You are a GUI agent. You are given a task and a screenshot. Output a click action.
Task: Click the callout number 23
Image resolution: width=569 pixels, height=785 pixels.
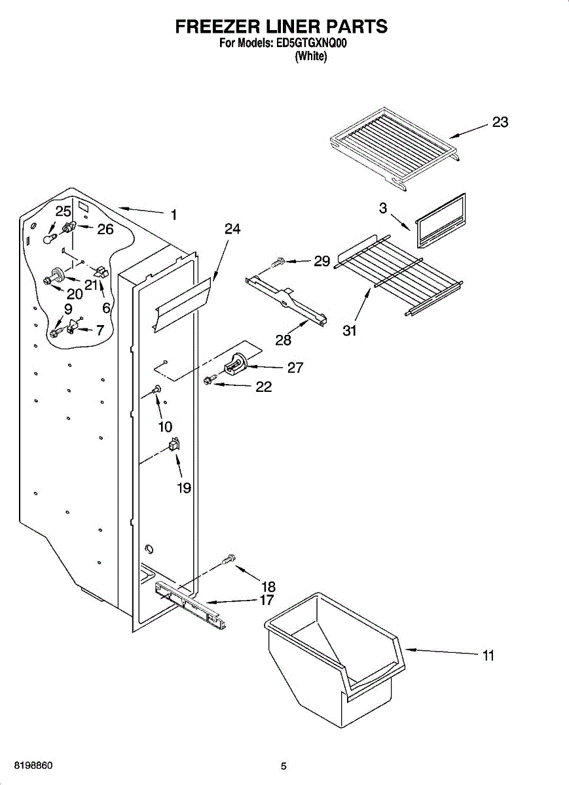[x=500, y=122]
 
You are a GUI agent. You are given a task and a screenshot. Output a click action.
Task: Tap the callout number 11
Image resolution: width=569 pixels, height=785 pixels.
[x=488, y=655]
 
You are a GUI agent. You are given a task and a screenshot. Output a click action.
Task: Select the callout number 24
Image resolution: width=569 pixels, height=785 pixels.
[x=232, y=229]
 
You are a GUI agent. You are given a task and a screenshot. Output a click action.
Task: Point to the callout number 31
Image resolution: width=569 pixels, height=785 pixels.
[x=350, y=331]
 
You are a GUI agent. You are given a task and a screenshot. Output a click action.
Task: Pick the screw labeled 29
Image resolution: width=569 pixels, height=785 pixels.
[x=278, y=262]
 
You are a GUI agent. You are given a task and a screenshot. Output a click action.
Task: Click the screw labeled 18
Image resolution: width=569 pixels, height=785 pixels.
[x=229, y=559]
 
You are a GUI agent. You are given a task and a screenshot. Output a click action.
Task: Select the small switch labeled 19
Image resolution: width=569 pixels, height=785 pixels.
[x=174, y=445]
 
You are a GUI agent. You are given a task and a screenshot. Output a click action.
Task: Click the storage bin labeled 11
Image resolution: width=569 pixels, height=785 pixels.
[x=334, y=661]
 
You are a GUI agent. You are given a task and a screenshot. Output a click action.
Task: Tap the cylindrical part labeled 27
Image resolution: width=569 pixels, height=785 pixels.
[x=235, y=364]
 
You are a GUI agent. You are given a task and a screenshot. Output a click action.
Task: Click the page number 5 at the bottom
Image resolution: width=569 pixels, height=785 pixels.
[x=284, y=767]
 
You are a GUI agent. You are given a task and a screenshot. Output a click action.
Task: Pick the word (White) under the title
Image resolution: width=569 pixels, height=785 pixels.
[x=311, y=56]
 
